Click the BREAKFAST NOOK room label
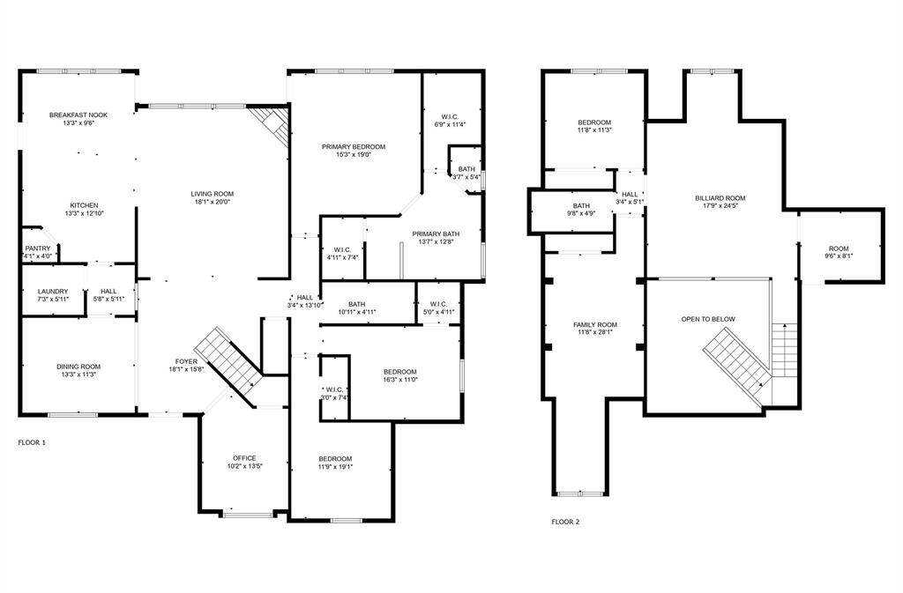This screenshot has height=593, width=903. (78, 115)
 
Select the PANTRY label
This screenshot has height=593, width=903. (38, 248)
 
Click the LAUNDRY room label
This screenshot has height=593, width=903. (53, 292)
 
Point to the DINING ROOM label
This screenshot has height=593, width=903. (78, 367)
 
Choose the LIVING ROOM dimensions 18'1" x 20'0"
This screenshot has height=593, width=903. (212, 202)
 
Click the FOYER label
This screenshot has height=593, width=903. (187, 361)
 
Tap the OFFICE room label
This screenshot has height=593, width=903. (244, 458)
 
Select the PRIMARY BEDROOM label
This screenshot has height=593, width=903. (354, 146)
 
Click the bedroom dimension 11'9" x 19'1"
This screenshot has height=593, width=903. (335, 467)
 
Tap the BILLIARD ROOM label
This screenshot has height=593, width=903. (720, 198)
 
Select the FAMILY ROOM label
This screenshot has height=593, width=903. (595, 324)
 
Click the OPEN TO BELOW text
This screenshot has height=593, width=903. (707, 319)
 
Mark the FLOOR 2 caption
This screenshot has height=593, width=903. (565, 522)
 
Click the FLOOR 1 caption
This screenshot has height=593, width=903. (32, 441)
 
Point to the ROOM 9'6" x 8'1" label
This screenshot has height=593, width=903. (839, 248)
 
